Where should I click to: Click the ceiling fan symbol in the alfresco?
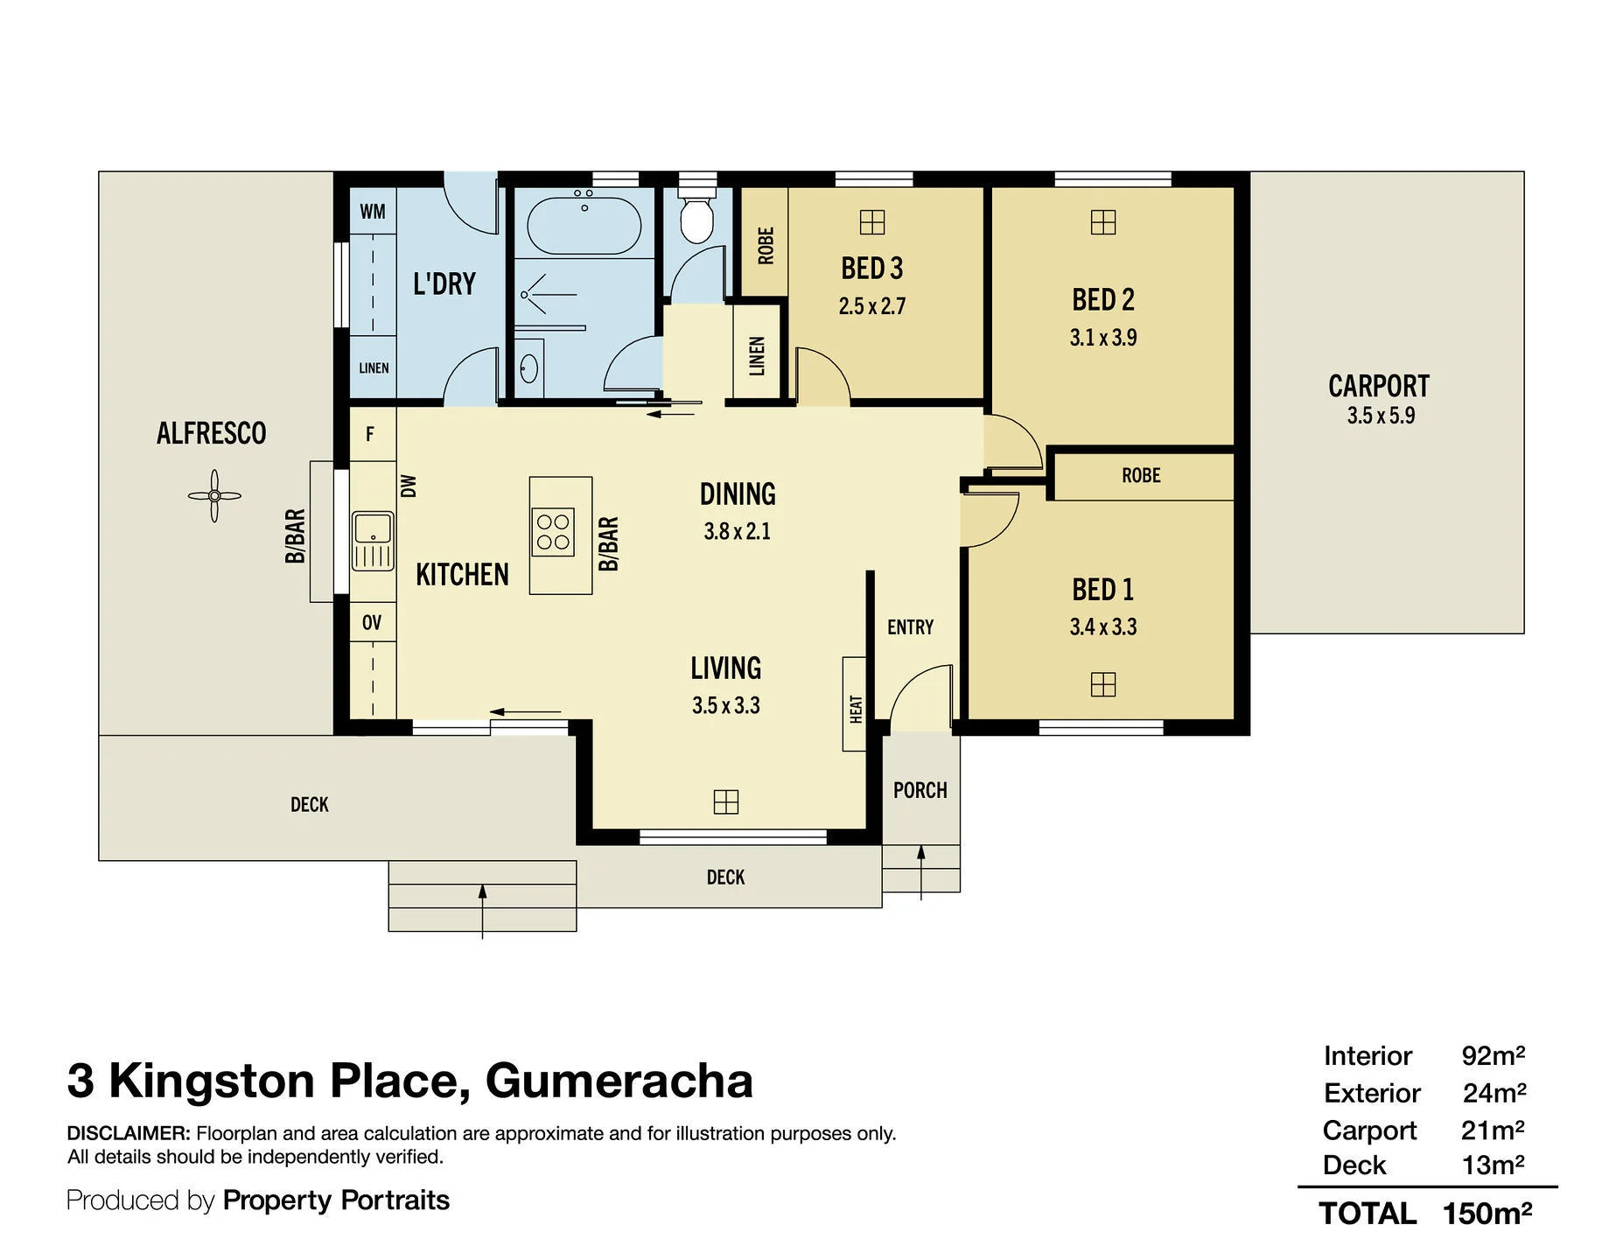coord(214,496)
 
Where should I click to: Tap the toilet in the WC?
coord(697,212)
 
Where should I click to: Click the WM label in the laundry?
coord(373,212)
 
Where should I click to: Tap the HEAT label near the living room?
coord(856,709)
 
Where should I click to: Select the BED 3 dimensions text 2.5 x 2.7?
coord(872,306)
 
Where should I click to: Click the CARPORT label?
coord(1379,386)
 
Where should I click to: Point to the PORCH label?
coord(920,790)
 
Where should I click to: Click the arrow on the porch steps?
coord(920,872)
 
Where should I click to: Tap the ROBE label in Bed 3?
coord(766,246)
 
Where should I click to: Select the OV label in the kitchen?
coord(372,623)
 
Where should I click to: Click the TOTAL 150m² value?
coord(1487,1214)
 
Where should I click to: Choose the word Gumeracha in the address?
coord(619,1081)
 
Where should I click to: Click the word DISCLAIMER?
coord(129,1133)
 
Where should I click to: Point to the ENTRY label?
coord(911,627)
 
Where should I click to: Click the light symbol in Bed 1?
coord(1103,684)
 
